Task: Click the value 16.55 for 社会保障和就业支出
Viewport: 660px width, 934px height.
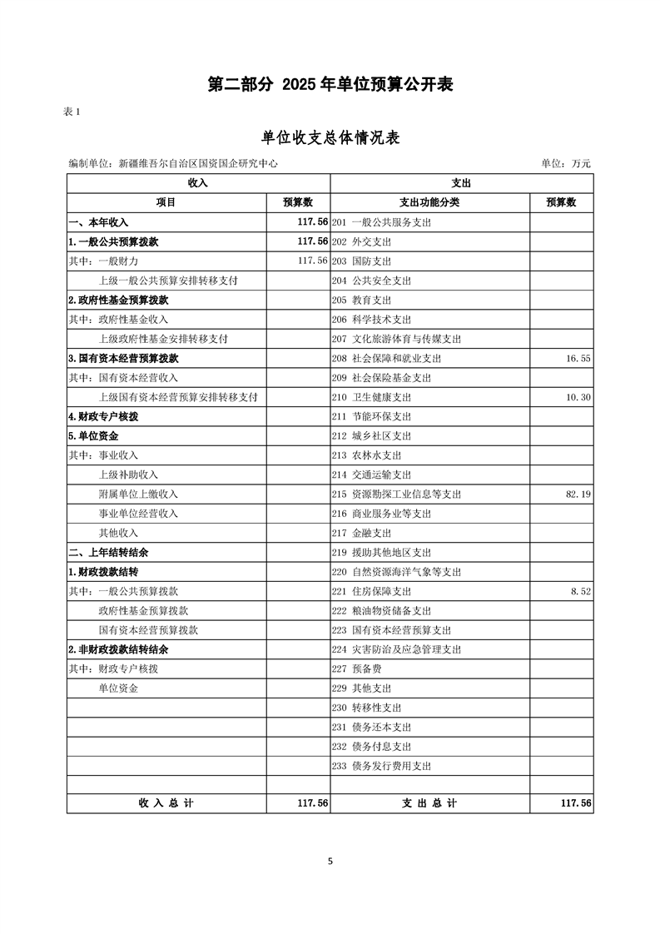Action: point(578,359)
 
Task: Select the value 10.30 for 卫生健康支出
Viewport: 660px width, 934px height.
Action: point(578,398)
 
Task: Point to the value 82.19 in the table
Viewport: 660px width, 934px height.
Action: point(578,494)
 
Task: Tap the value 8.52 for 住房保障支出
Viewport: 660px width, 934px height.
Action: point(580,592)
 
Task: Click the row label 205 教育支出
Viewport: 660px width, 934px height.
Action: point(361,301)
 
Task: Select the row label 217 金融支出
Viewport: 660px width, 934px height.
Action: point(361,534)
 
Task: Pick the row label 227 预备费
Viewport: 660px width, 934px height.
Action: point(356,669)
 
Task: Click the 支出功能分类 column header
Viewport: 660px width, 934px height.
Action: point(429,202)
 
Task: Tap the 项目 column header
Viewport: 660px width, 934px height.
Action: point(166,202)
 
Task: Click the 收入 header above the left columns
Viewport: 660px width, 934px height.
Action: point(198,183)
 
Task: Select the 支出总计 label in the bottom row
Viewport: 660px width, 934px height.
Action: point(429,803)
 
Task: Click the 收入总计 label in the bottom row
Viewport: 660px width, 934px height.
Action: point(166,803)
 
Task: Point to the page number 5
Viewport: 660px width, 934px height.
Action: point(330,862)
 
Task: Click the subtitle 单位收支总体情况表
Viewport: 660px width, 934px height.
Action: point(330,138)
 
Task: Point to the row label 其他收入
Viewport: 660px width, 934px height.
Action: point(118,534)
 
